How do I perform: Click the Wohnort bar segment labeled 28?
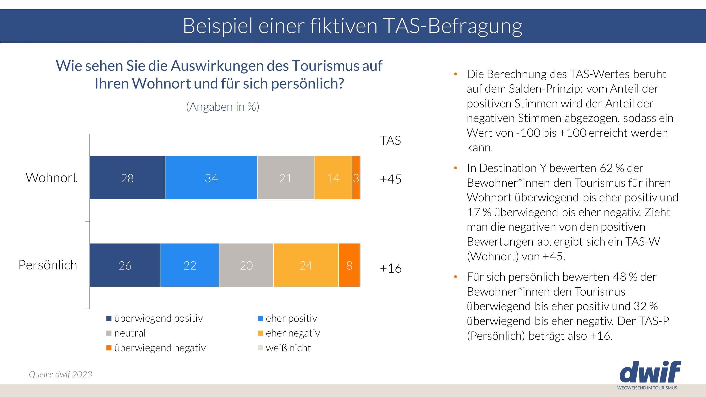tap(127, 178)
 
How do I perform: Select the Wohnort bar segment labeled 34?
tap(211, 178)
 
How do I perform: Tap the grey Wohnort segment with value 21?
tap(286, 178)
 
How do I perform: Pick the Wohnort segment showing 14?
tap(333, 178)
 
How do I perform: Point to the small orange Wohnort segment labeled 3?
tap(356, 178)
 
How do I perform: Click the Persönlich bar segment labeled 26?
tap(125, 265)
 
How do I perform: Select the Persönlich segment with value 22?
tap(189, 265)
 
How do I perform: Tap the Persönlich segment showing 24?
tap(306, 265)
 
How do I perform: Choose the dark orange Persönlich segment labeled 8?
tap(349, 265)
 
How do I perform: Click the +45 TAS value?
tap(390, 179)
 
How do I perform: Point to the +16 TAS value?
tap(390, 268)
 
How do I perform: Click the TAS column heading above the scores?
tap(390, 140)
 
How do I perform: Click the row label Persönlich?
tap(48, 265)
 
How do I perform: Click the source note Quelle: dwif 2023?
tap(60, 374)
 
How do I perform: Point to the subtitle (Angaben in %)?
tap(223, 107)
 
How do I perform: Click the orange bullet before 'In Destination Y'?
tap(456, 168)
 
